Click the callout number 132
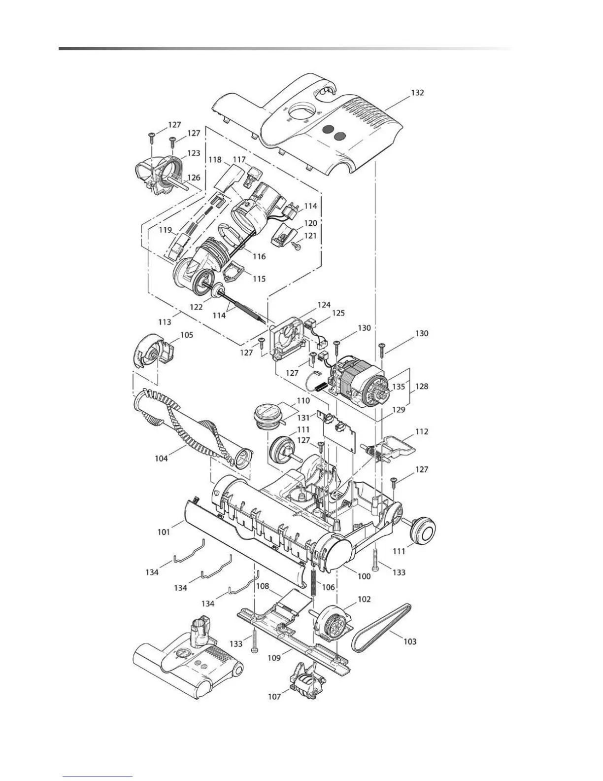pyautogui.click(x=417, y=93)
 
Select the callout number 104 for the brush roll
pyautogui.click(x=161, y=458)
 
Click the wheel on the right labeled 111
pyautogui.click(x=423, y=532)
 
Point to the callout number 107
pyautogui.click(x=274, y=696)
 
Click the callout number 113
pyautogui.click(x=165, y=321)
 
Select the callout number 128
pyautogui.click(x=421, y=387)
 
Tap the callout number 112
pyautogui.click(x=422, y=431)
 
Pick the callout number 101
pyautogui.click(x=164, y=532)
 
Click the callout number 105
pyautogui.click(x=186, y=335)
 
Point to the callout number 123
pyautogui.click(x=193, y=153)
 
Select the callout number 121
pyautogui.click(x=310, y=236)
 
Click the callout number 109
pyautogui.click(x=274, y=658)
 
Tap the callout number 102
pyautogui.click(x=364, y=600)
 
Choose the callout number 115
pyautogui.click(x=259, y=279)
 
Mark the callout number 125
pyautogui.click(x=338, y=313)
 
